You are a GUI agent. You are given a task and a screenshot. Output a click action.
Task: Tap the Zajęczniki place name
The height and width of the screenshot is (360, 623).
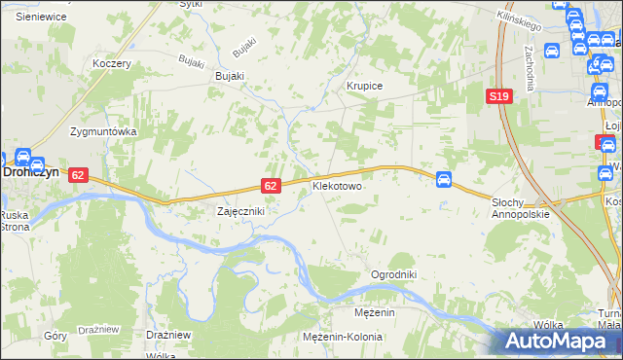pyautogui.click(x=239, y=210)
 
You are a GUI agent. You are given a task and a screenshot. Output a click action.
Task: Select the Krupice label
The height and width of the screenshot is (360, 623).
pyautogui.click(x=365, y=86)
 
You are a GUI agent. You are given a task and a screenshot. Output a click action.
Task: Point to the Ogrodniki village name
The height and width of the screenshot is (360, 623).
pyautogui.click(x=393, y=274)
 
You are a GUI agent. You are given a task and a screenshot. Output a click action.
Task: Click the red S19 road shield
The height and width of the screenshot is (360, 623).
pyautogui.click(x=499, y=95)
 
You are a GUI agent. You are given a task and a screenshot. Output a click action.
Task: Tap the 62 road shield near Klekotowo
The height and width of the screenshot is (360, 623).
pyautogui.click(x=272, y=185)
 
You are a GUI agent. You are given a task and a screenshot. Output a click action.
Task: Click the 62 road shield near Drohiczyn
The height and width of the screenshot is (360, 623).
pyautogui.click(x=79, y=174)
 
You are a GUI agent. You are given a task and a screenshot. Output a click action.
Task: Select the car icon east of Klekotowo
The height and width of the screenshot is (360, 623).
pyautogui.click(x=443, y=179)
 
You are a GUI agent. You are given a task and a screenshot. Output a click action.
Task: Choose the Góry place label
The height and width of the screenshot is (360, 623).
pyautogui.click(x=55, y=334)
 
